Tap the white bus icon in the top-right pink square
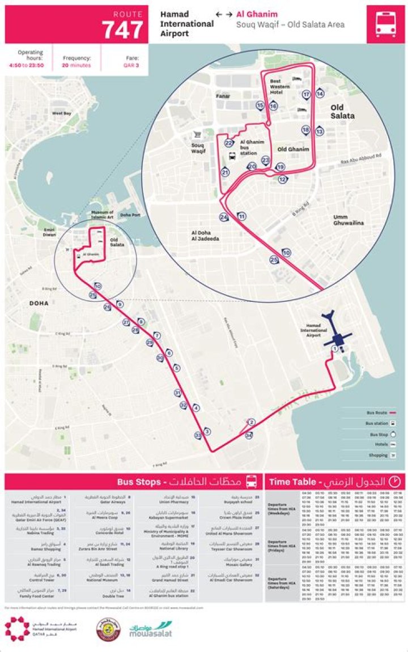click(385, 24)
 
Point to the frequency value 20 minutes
click(77, 65)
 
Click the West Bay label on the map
click(62, 113)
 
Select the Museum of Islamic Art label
click(103, 214)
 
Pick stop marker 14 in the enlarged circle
click(320, 94)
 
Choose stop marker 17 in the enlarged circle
click(306, 95)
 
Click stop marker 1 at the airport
click(335, 349)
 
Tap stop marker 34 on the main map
click(249, 435)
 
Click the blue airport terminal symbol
click(337, 334)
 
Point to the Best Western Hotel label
click(277, 87)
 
